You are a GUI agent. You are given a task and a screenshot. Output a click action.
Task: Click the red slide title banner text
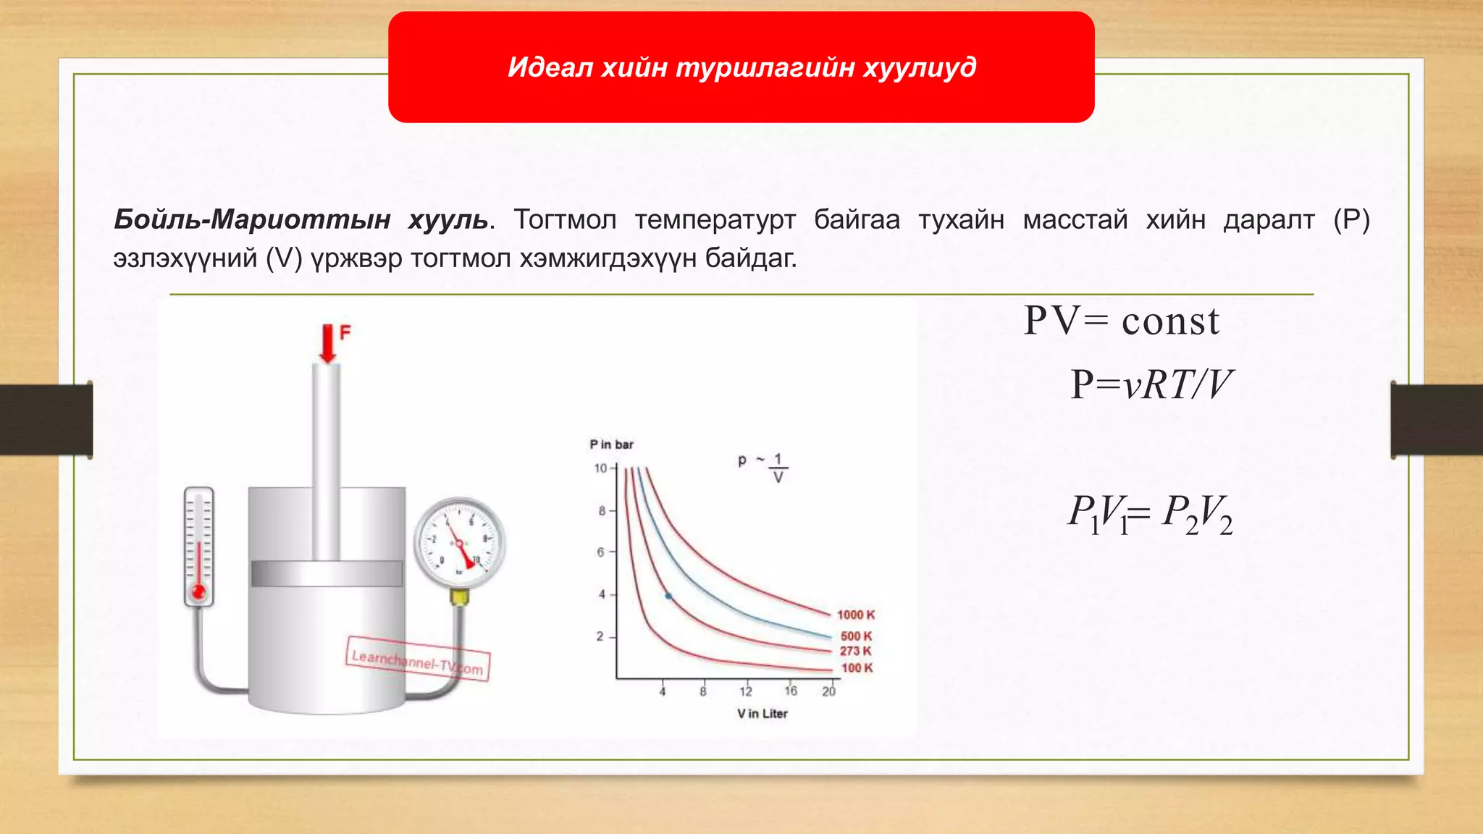[x=741, y=67]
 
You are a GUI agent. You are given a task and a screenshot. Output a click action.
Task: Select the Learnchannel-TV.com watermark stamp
[x=418, y=659]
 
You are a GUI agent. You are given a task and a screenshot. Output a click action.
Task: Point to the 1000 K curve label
[x=856, y=615]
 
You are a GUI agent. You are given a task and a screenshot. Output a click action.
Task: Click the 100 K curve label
[x=857, y=668]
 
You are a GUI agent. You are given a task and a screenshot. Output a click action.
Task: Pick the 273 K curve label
[x=855, y=651]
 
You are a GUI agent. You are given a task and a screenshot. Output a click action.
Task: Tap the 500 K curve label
[x=856, y=636]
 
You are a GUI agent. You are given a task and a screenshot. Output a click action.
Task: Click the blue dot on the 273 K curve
[x=668, y=597]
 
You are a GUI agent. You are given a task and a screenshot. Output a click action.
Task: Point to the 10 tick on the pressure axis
[x=601, y=468]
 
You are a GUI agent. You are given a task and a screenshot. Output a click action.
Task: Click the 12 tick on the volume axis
[x=746, y=691]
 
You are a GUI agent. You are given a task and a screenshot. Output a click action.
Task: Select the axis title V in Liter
[x=762, y=714]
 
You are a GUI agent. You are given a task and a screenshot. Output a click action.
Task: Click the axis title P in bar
[x=611, y=445]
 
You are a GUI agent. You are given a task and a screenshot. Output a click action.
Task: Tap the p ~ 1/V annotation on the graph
[x=763, y=467]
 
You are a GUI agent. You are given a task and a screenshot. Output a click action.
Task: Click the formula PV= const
[x=1121, y=321]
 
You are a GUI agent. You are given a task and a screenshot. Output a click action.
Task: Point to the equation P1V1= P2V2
[x=1150, y=513]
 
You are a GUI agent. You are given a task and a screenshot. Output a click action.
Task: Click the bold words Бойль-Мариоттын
[x=252, y=219]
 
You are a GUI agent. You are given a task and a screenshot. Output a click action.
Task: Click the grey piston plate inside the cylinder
[x=327, y=573]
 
